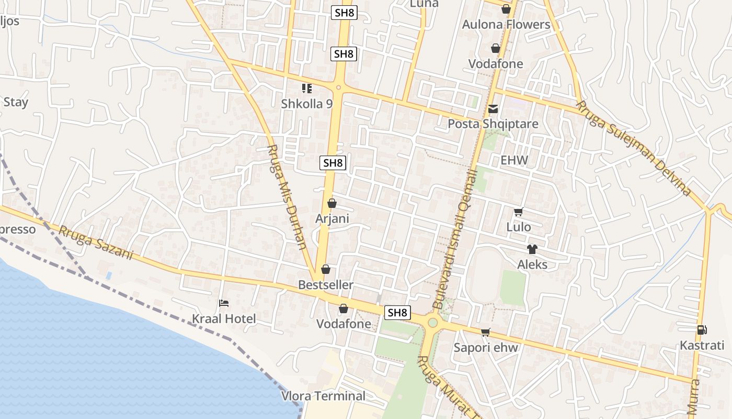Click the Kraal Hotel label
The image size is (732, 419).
pos(224,318)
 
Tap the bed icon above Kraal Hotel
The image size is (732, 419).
pos(224,303)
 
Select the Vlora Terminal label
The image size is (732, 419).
pos(323,396)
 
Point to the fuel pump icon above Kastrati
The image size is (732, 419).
pos(702,330)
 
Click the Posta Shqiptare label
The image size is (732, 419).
pos(493,124)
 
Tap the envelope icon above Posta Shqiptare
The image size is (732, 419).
pos(493,109)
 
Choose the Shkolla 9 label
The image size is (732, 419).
pos(306,104)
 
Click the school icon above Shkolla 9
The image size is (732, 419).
pos(306,89)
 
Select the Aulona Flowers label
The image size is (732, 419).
pos(506,25)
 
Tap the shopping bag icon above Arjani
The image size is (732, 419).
pos(331,203)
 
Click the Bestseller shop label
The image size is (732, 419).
pos(325,285)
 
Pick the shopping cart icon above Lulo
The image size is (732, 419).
pos(518,212)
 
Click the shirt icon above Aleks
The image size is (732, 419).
pos(532,249)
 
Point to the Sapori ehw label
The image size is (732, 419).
pos(486,347)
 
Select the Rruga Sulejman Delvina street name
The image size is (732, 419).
pos(633,148)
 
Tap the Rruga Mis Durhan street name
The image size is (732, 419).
pos(287,197)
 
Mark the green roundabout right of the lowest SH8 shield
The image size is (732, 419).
pos(432,322)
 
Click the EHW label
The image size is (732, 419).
pos(514,160)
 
